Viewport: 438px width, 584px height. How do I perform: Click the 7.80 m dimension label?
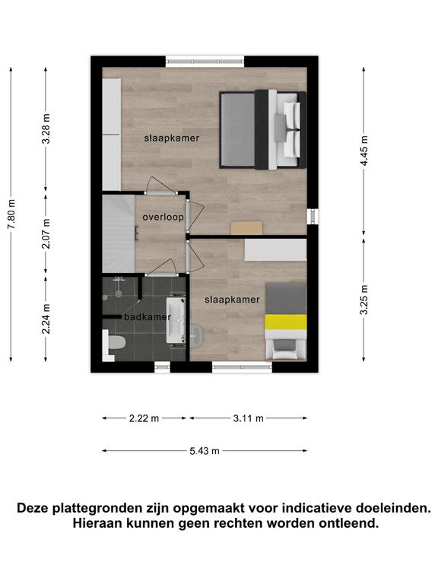click(x=11, y=214)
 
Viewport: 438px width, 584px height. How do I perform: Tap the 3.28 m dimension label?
click(x=46, y=129)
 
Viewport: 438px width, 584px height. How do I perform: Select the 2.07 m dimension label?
click(x=46, y=233)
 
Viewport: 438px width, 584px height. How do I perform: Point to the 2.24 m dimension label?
click(x=46, y=319)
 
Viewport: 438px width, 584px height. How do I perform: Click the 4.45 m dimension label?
click(x=364, y=151)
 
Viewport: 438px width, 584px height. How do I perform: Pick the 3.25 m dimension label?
click(x=364, y=300)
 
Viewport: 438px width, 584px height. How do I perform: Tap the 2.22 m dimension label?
click(x=144, y=418)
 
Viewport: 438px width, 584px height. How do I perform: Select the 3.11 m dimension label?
click(x=249, y=418)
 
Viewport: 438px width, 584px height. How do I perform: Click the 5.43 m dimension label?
click(x=205, y=451)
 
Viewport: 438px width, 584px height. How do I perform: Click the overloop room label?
click(x=163, y=217)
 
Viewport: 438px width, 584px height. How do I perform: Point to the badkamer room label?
click(x=147, y=317)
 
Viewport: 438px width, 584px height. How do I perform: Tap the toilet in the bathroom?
click(x=115, y=343)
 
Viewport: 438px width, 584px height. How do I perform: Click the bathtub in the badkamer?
click(x=176, y=320)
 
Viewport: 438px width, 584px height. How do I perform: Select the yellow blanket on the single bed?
click(x=286, y=322)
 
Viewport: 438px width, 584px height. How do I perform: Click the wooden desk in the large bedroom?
click(x=246, y=228)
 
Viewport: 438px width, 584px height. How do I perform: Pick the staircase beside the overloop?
click(x=119, y=233)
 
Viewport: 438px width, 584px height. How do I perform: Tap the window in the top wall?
click(x=205, y=62)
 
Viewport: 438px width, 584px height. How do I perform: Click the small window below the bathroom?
click(x=163, y=367)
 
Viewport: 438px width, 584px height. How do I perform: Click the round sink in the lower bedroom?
click(x=196, y=335)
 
